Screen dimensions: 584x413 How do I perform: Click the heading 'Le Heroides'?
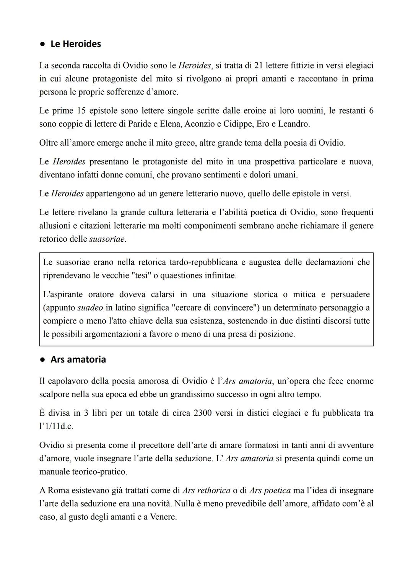[x=75, y=44]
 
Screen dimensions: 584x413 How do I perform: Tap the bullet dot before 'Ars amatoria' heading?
[x=43, y=360]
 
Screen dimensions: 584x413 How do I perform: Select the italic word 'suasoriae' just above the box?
[x=107, y=239]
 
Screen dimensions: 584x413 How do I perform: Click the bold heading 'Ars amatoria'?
[x=78, y=360]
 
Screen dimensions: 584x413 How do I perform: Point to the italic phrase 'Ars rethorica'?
[x=206, y=491]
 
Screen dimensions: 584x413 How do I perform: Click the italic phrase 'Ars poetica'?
[x=270, y=491]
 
